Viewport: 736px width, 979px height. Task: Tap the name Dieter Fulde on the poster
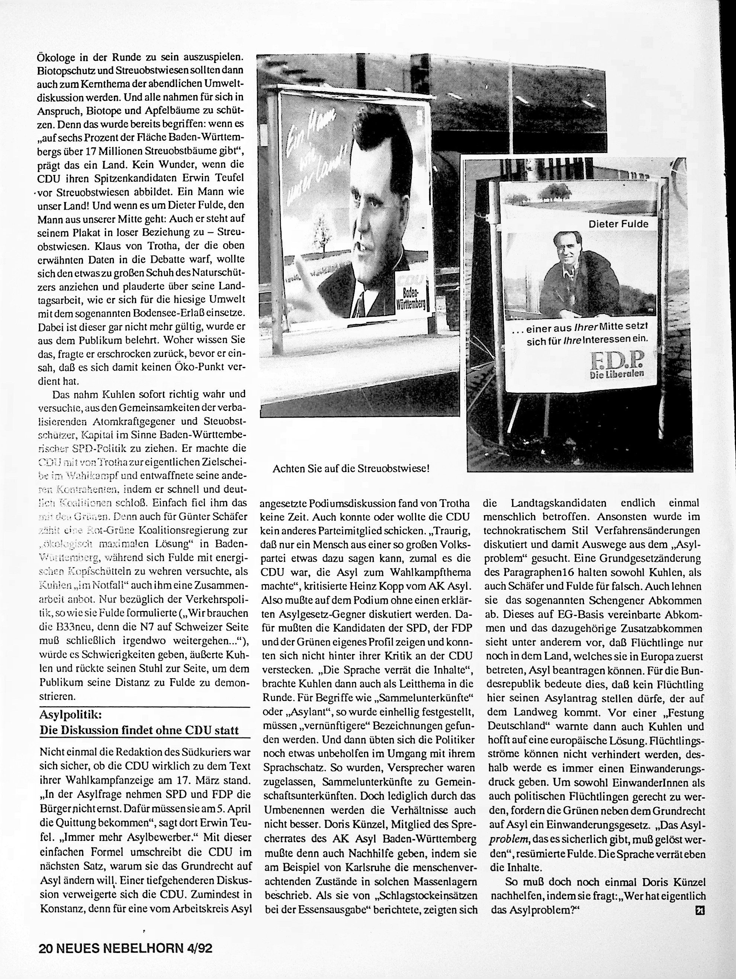click(618, 224)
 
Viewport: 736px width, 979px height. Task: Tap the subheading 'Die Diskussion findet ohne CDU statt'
click(139, 730)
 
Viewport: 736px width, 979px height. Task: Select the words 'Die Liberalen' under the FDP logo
click(617, 374)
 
